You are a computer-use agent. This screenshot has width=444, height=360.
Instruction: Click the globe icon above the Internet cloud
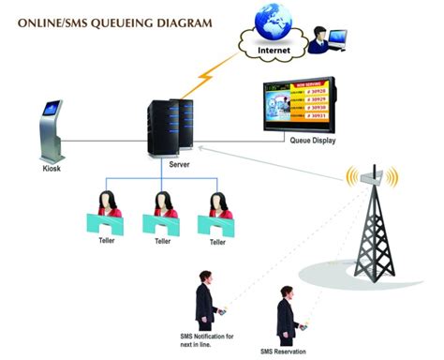point(265,22)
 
